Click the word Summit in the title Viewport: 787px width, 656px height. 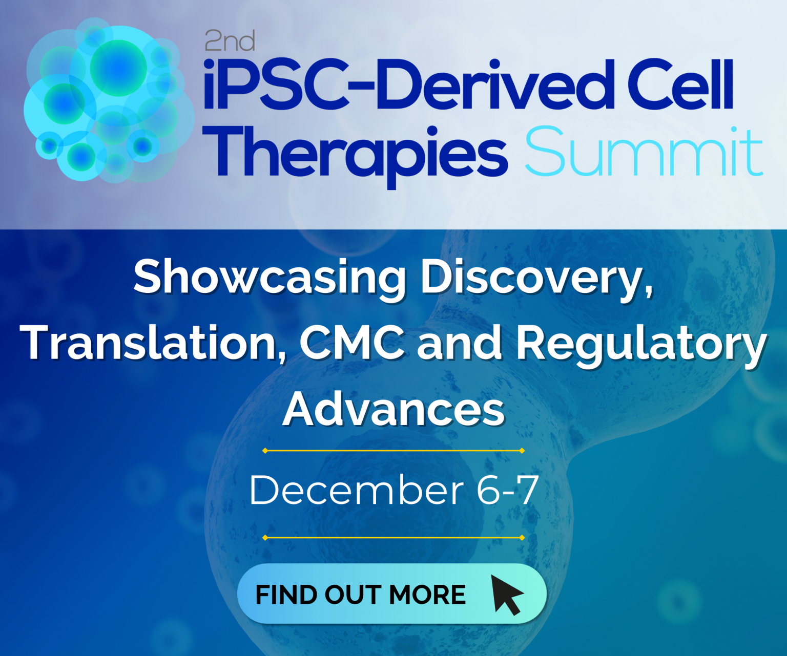coord(644,152)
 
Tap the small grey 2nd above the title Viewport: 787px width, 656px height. coord(230,41)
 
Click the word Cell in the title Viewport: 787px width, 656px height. coord(681,86)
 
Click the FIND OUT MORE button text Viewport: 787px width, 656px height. coord(360,595)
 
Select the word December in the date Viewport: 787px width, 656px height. coord(357,491)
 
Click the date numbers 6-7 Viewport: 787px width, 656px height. coord(507,491)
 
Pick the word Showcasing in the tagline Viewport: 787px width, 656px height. coord(270,277)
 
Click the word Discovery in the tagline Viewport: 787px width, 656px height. coord(536,278)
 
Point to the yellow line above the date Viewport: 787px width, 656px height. coord(393,451)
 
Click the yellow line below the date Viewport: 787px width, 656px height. coord(393,538)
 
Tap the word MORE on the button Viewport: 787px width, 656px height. coord(427,595)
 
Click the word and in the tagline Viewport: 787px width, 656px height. coord(459,343)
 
